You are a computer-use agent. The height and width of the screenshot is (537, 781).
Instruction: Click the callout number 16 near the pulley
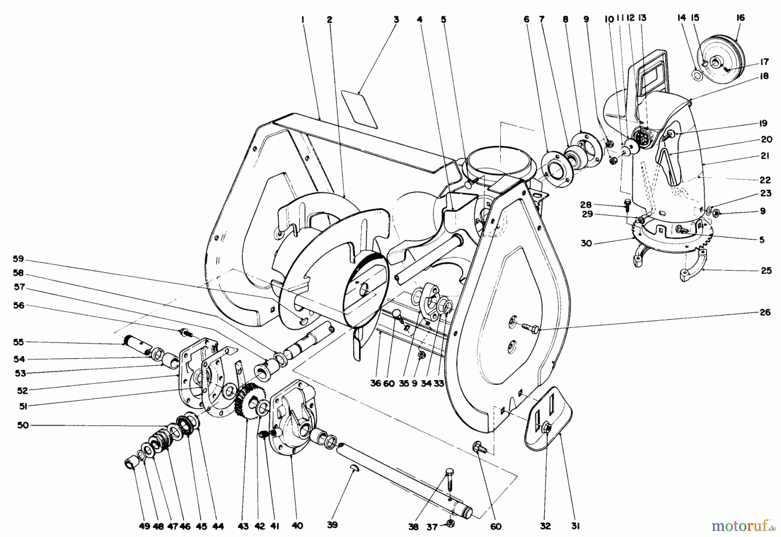click(x=740, y=18)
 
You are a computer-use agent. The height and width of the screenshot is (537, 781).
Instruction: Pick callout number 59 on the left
click(x=19, y=259)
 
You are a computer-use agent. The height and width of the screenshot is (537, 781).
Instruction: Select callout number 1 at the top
click(x=302, y=20)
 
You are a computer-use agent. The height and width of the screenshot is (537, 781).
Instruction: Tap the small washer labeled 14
click(x=698, y=77)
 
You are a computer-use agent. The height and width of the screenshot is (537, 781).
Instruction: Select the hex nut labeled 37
click(x=450, y=523)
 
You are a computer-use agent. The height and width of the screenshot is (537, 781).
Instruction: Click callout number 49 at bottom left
click(x=144, y=526)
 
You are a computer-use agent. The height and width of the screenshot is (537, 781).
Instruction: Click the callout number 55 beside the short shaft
click(x=19, y=342)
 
